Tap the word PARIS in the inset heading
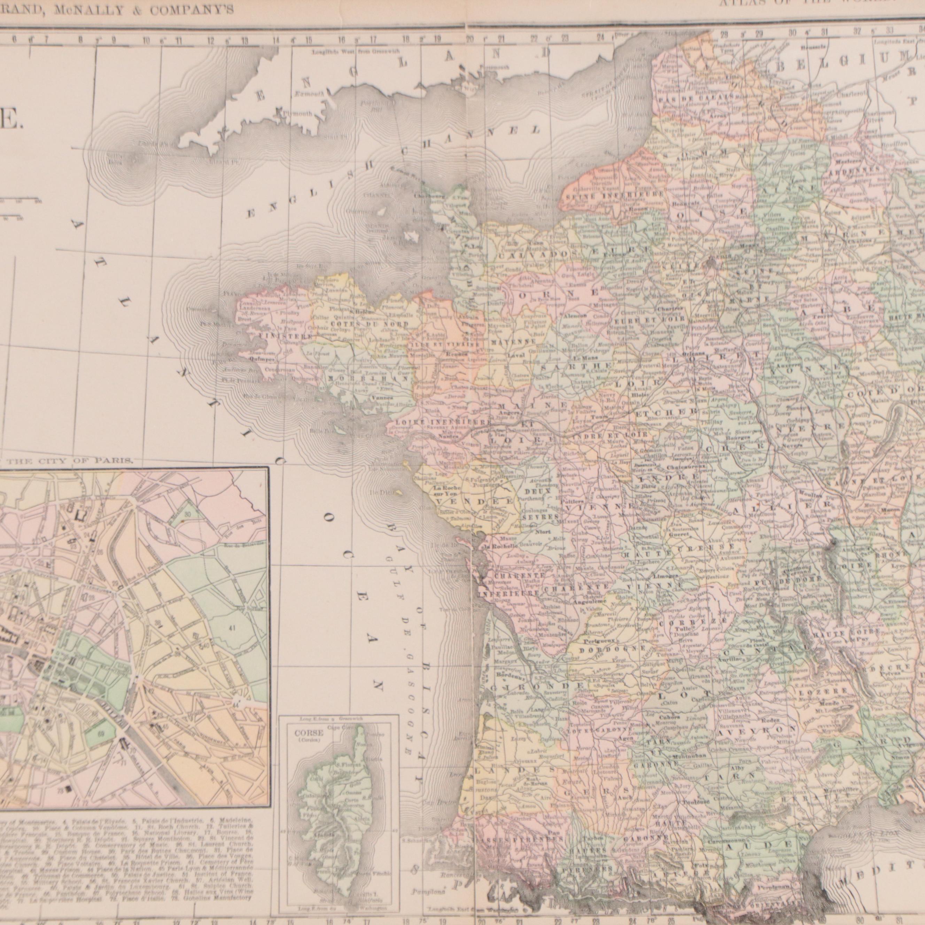(x=115, y=461)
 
